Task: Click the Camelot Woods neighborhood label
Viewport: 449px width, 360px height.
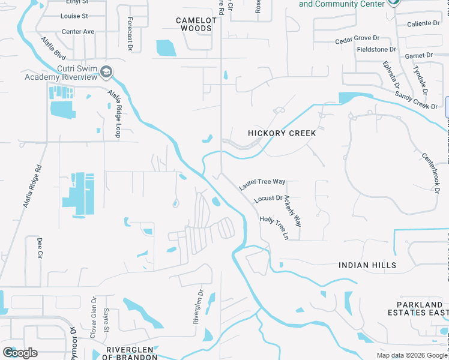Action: click(194, 24)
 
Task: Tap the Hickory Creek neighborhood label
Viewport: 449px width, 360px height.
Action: click(282, 133)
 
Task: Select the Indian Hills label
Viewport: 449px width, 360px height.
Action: click(367, 265)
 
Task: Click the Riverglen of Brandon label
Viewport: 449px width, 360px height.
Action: click(131, 353)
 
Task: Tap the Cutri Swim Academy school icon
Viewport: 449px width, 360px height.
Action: click(107, 72)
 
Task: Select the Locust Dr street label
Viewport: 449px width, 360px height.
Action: click(268, 198)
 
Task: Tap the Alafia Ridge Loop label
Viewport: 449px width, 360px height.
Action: click(114, 113)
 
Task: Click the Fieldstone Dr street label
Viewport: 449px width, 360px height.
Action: click(376, 49)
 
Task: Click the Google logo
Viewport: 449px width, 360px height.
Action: click(20, 353)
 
